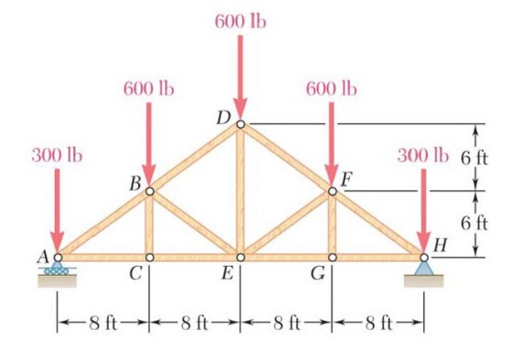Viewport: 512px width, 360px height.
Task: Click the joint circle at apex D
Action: pyautogui.click(x=240, y=124)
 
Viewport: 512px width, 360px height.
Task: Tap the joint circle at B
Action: pyautogui.click(x=150, y=191)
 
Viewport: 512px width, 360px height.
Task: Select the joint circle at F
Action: pyautogui.click(x=332, y=191)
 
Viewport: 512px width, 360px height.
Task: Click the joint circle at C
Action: pyautogui.click(x=150, y=258)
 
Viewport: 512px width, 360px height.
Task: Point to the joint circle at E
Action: pyautogui.click(x=240, y=258)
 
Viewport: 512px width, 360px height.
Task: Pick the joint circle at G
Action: pyautogui.click(x=332, y=258)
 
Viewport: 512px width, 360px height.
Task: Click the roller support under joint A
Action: pyautogui.click(x=57, y=269)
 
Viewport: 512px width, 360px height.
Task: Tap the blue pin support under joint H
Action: pyautogui.click(x=424, y=269)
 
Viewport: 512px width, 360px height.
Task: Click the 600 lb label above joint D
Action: pyautogui.click(x=240, y=22)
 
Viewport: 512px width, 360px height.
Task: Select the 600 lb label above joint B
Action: pyautogui.click(x=149, y=89)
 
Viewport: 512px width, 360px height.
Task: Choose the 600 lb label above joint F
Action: pyautogui.click(x=331, y=89)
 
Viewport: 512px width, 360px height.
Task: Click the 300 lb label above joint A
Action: pyautogui.click(x=57, y=155)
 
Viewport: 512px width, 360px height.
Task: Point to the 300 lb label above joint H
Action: pyautogui.click(x=422, y=155)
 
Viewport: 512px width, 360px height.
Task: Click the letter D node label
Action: pyautogui.click(x=224, y=118)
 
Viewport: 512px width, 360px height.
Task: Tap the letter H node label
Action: pyautogui.click(x=440, y=246)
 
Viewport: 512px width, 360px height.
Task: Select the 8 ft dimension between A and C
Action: pyautogui.click(x=103, y=323)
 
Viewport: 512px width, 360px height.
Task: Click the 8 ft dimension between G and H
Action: pyautogui.click(x=379, y=323)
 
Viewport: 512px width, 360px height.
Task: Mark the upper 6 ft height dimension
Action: pyautogui.click(x=475, y=158)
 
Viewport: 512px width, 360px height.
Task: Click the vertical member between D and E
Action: pyautogui.click(x=240, y=191)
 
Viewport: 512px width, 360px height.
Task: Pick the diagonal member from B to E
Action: pyautogui.click(x=195, y=224)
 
